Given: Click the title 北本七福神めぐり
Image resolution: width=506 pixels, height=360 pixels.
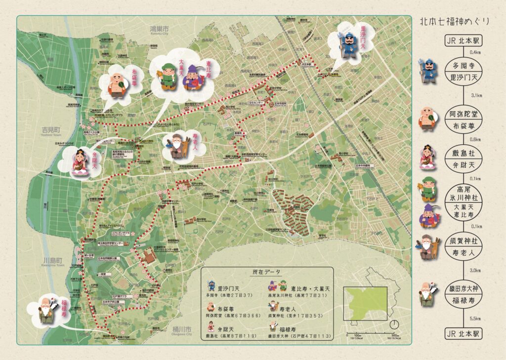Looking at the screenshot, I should point(455,21).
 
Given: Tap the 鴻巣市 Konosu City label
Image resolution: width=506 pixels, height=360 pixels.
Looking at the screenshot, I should point(160,31).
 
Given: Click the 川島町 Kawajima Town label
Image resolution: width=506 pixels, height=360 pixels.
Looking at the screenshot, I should point(53,262).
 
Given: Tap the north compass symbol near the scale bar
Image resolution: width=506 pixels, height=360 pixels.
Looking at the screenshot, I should point(394,324).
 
